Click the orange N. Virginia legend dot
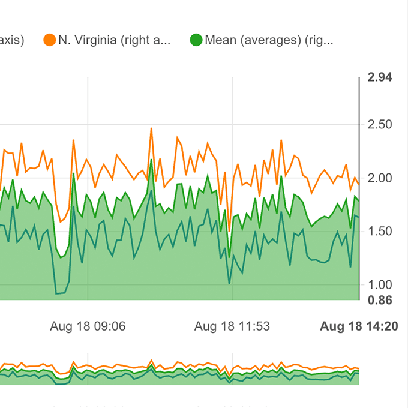click(49, 40)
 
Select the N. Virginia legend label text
click(114, 40)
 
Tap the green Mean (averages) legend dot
click(196, 40)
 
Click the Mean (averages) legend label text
click(269, 40)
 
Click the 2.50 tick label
click(379, 125)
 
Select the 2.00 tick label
click(379, 178)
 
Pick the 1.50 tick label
click(379, 232)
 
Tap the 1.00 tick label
click(379, 285)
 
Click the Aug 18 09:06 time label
click(88, 326)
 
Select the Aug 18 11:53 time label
click(232, 326)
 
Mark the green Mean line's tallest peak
click(151, 160)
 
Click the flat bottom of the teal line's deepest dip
click(60, 293)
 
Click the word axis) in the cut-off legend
click(12, 40)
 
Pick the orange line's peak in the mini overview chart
click(151, 361)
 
